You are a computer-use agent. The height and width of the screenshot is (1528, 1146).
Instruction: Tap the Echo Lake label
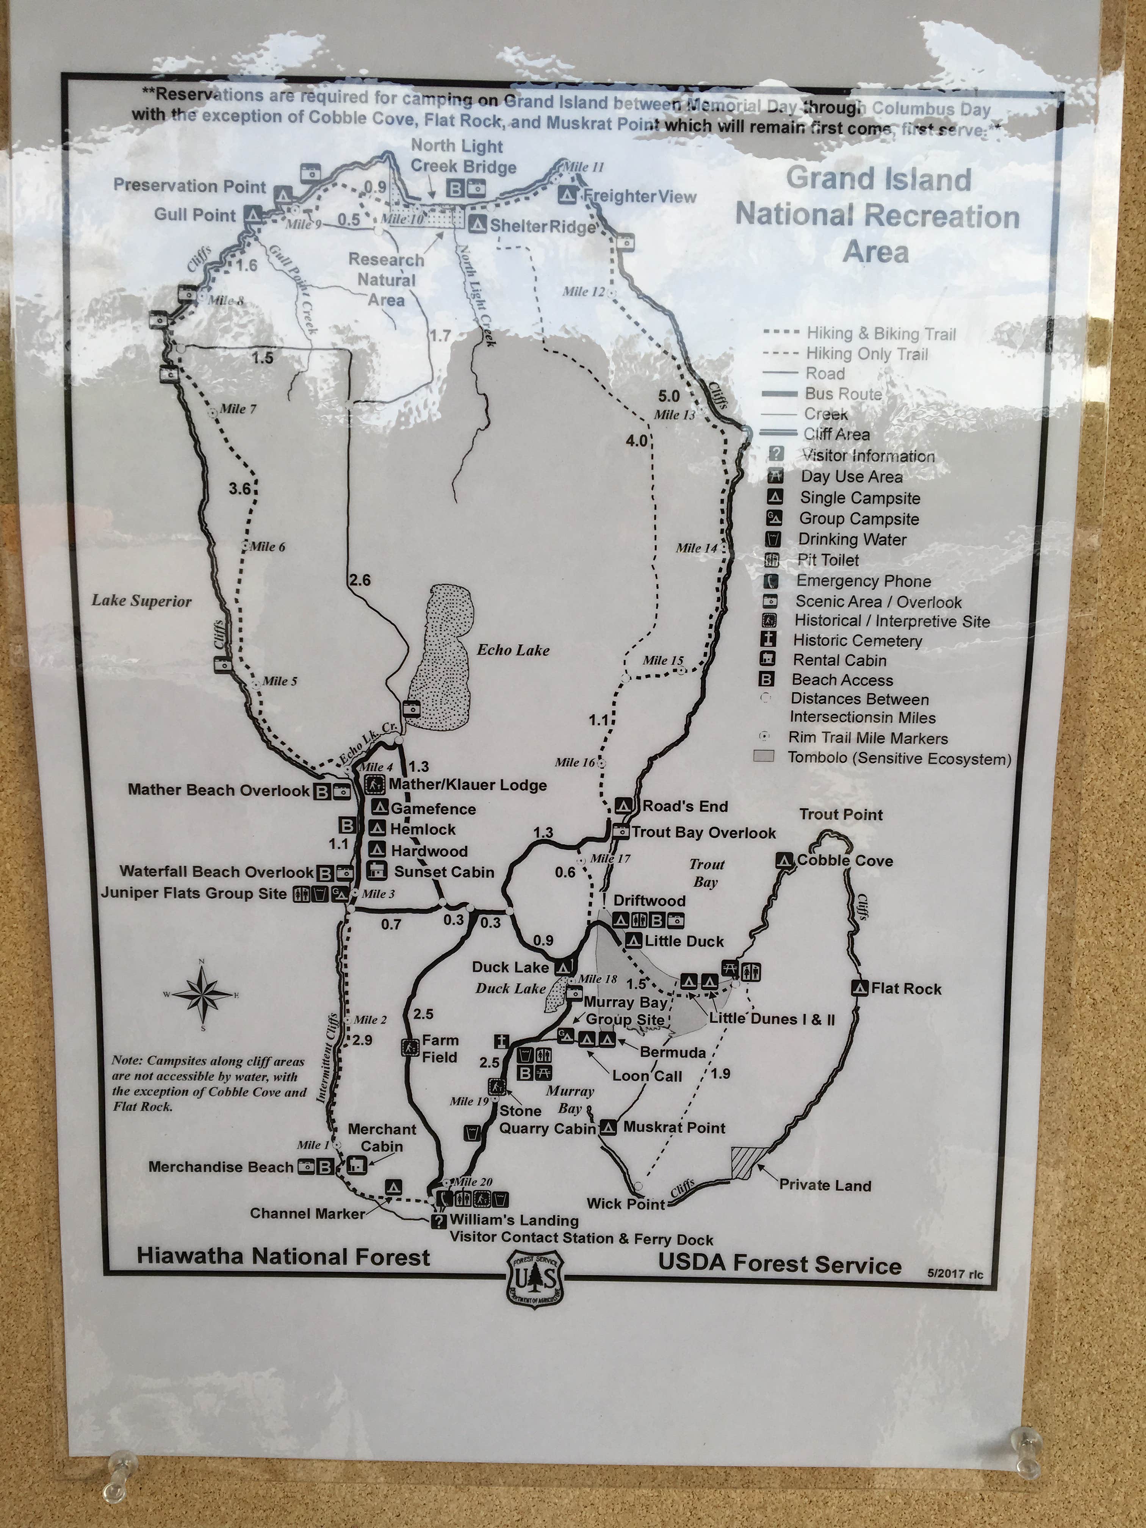[x=513, y=650]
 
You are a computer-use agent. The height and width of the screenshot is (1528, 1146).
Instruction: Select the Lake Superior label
[x=142, y=601]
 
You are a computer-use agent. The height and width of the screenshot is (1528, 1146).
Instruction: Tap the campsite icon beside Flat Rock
[x=861, y=988]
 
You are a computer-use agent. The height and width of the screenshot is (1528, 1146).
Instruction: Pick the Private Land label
[x=825, y=1185]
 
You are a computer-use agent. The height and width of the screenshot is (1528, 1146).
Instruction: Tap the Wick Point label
[x=626, y=1204]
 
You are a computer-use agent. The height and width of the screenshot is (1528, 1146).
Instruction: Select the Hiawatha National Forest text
[x=283, y=1257]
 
